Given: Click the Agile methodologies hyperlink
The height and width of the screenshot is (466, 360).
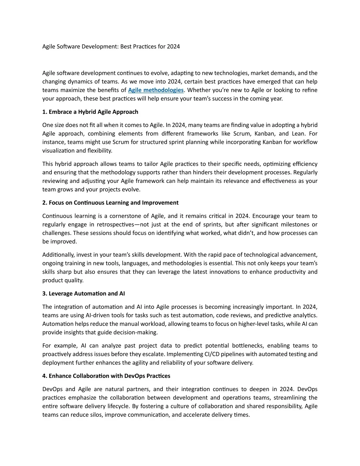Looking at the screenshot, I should (156, 90).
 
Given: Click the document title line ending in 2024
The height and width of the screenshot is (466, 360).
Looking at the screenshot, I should (111, 46).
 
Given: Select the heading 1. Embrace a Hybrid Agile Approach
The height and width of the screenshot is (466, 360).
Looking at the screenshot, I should (90, 112).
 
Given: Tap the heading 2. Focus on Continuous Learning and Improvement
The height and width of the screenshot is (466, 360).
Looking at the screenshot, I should (110, 203).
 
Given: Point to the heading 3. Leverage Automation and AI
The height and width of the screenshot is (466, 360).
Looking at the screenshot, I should (83, 293).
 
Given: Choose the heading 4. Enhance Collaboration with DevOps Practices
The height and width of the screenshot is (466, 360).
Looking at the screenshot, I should (106, 376).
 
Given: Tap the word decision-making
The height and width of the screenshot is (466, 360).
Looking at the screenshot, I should (140, 332).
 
